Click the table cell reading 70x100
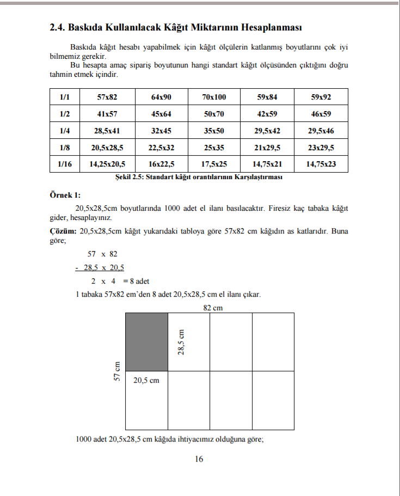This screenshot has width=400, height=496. pyautogui.click(x=213, y=97)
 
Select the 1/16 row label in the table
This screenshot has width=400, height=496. pyautogui.click(x=65, y=164)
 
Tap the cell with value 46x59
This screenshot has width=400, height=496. pyautogui.click(x=321, y=114)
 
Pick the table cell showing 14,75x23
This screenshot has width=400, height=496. pyautogui.click(x=321, y=164)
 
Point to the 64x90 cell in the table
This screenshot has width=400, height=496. pyautogui.click(x=161, y=97)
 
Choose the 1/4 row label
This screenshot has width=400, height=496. pyautogui.click(x=65, y=131)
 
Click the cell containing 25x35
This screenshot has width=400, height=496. pyautogui.click(x=213, y=148)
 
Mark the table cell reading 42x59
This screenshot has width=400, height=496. pyautogui.click(x=267, y=114)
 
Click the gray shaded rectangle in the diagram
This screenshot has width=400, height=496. pyautogui.click(x=146, y=342)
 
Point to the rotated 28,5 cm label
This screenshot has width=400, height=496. pyautogui.click(x=181, y=342)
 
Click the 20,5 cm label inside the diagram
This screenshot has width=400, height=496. pyautogui.click(x=146, y=380)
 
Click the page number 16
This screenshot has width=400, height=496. pyautogui.click(x=199, y=459)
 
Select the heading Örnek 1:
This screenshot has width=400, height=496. pyautogui.click(x=65, y=195)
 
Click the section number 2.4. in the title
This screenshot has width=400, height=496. pyautogui.click(x=57, y=27)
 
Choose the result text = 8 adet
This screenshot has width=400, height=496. pyautogui.click(x=136, y=281)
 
